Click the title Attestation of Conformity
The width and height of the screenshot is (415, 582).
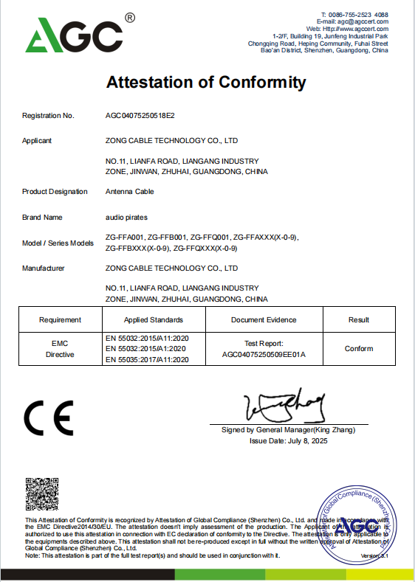click(x=206, y=82)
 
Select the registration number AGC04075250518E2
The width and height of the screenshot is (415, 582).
click(x=140, y=116)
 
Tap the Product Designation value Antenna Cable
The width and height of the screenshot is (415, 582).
click(x=130, y=192)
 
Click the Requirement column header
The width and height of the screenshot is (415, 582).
click(x=61, y=320)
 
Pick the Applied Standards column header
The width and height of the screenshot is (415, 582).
click(x=154, y=320)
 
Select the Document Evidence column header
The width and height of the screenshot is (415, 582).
click(x=264, y=320)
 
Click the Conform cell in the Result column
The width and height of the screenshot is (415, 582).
click(x=359, y=349)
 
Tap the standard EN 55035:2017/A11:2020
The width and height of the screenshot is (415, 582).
click(x=148, y=359)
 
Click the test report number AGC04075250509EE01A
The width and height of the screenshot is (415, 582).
click(x=264, y=354)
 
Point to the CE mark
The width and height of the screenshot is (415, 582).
click(x=49, y=419)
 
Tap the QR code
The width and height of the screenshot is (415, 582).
click(x=42, y=495)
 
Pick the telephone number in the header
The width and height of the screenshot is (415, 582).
click(x=363, y=15)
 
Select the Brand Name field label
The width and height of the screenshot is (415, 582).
click(x=43, y=218)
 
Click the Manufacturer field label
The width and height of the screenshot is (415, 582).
click(x=44, y=269)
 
